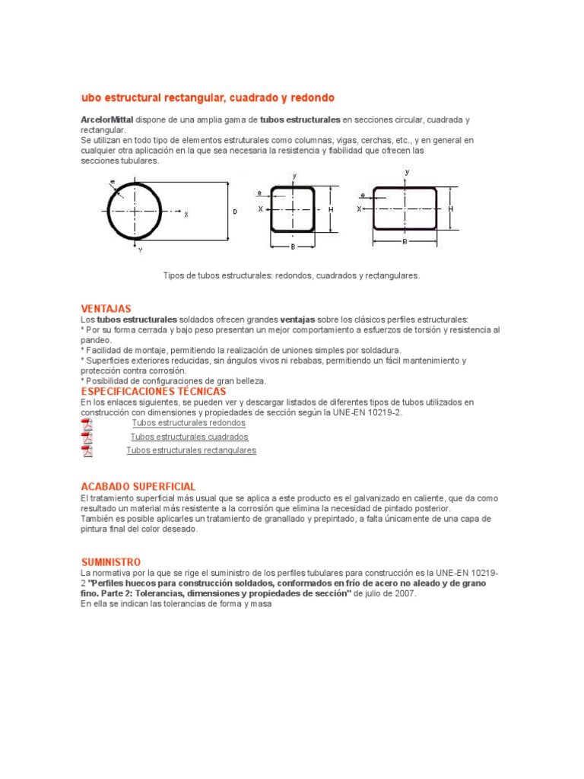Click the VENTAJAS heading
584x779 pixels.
click(106, 308)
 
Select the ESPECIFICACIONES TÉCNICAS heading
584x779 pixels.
click(154, 391)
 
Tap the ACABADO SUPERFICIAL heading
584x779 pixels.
click(138, 486)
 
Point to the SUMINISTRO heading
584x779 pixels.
click(111, 561)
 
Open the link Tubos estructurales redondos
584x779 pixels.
click(189, 423)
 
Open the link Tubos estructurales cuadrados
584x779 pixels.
click(189, 437)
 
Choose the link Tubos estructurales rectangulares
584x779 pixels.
click(191, 451)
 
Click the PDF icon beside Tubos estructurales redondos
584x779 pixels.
click(87, 424)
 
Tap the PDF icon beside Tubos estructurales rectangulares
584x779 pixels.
click(87, 451)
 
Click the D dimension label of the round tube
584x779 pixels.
click(234, 212)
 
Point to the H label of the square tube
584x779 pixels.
click(331, 209)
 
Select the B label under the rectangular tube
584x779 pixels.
click(405, 242)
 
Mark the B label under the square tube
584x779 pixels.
click(293, 246)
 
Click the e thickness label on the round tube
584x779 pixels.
click(112, 182)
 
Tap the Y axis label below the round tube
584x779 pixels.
click(140, 250)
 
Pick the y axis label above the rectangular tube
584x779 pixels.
click(407, 172)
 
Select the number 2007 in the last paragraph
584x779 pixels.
click(404, 594)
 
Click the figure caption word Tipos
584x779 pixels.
click(175, 275)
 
